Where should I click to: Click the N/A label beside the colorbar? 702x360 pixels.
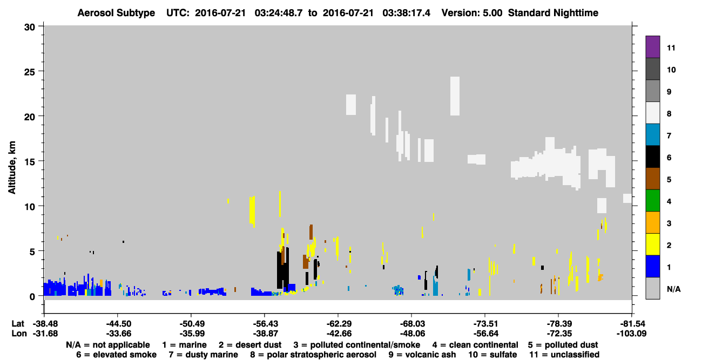[673, 289]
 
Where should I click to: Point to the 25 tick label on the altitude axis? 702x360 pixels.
[30, 72]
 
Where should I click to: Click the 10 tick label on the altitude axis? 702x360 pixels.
[30, 207]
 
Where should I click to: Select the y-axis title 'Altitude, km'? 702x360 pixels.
[11, 168]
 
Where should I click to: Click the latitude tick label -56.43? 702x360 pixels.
[265, 323]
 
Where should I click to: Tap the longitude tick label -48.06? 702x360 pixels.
[411, 334]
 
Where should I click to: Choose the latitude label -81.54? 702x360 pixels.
[631, 323]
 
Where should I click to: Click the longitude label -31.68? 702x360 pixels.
[45, 334]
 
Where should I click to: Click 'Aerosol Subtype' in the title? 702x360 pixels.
[116, 13]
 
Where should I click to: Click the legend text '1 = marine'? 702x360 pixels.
[184, 345]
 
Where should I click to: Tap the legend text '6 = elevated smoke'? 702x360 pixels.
[116, 355]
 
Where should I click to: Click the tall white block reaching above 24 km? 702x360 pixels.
[455, 96]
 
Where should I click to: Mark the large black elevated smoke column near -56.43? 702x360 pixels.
[282, 269]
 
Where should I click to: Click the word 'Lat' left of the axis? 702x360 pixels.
[18, 323]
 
